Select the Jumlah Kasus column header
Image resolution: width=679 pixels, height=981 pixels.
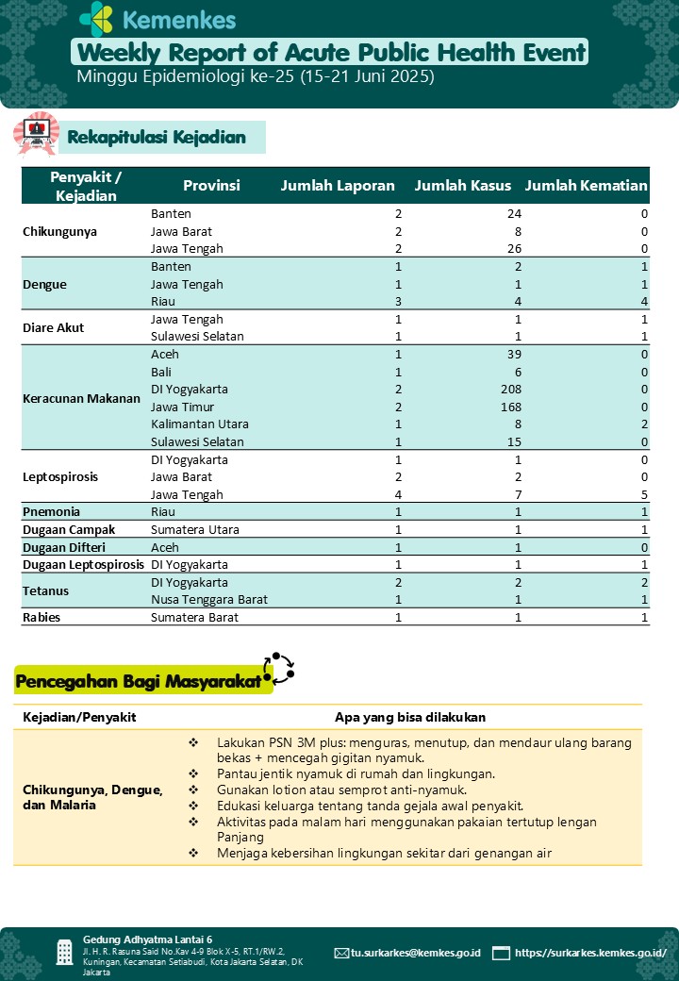pyautogui.click(x=462, y=186)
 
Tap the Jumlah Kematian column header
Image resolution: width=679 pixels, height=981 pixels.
pyautogui.click(x=586, y=186)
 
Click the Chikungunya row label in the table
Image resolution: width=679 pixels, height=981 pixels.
pyautogui.click(x=60, y=231)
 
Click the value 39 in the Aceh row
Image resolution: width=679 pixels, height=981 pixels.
pyautogui.click(x=512, y=355)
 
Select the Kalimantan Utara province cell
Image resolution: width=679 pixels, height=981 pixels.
pyautogui.click(x=195, y=424)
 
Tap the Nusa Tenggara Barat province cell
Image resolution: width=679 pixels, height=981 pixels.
pyautogui.click(x=209, y=600)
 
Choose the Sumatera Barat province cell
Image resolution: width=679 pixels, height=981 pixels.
pyautogui.click(x=195, y=618)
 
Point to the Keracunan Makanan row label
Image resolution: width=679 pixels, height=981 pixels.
pyautogui.click(x=81, y=398)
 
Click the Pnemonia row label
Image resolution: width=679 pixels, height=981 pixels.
pyautogui.click(x=51, y=512)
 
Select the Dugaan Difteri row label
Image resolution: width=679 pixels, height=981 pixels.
pyautogui.click(x=65, y=547)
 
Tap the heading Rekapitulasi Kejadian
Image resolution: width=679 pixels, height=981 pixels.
pyautogui.click(x=156, y=138)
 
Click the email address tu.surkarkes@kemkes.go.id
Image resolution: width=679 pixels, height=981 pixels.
pyautogui.click(x=415, y=953)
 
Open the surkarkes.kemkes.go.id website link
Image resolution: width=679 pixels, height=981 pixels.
pyautogui.click(x=590, y=953)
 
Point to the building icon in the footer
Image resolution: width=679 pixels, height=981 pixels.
pyautogui.click(x=64, y=953)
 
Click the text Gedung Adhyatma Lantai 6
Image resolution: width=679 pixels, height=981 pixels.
pyautogui.click(x=147, y=939)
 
